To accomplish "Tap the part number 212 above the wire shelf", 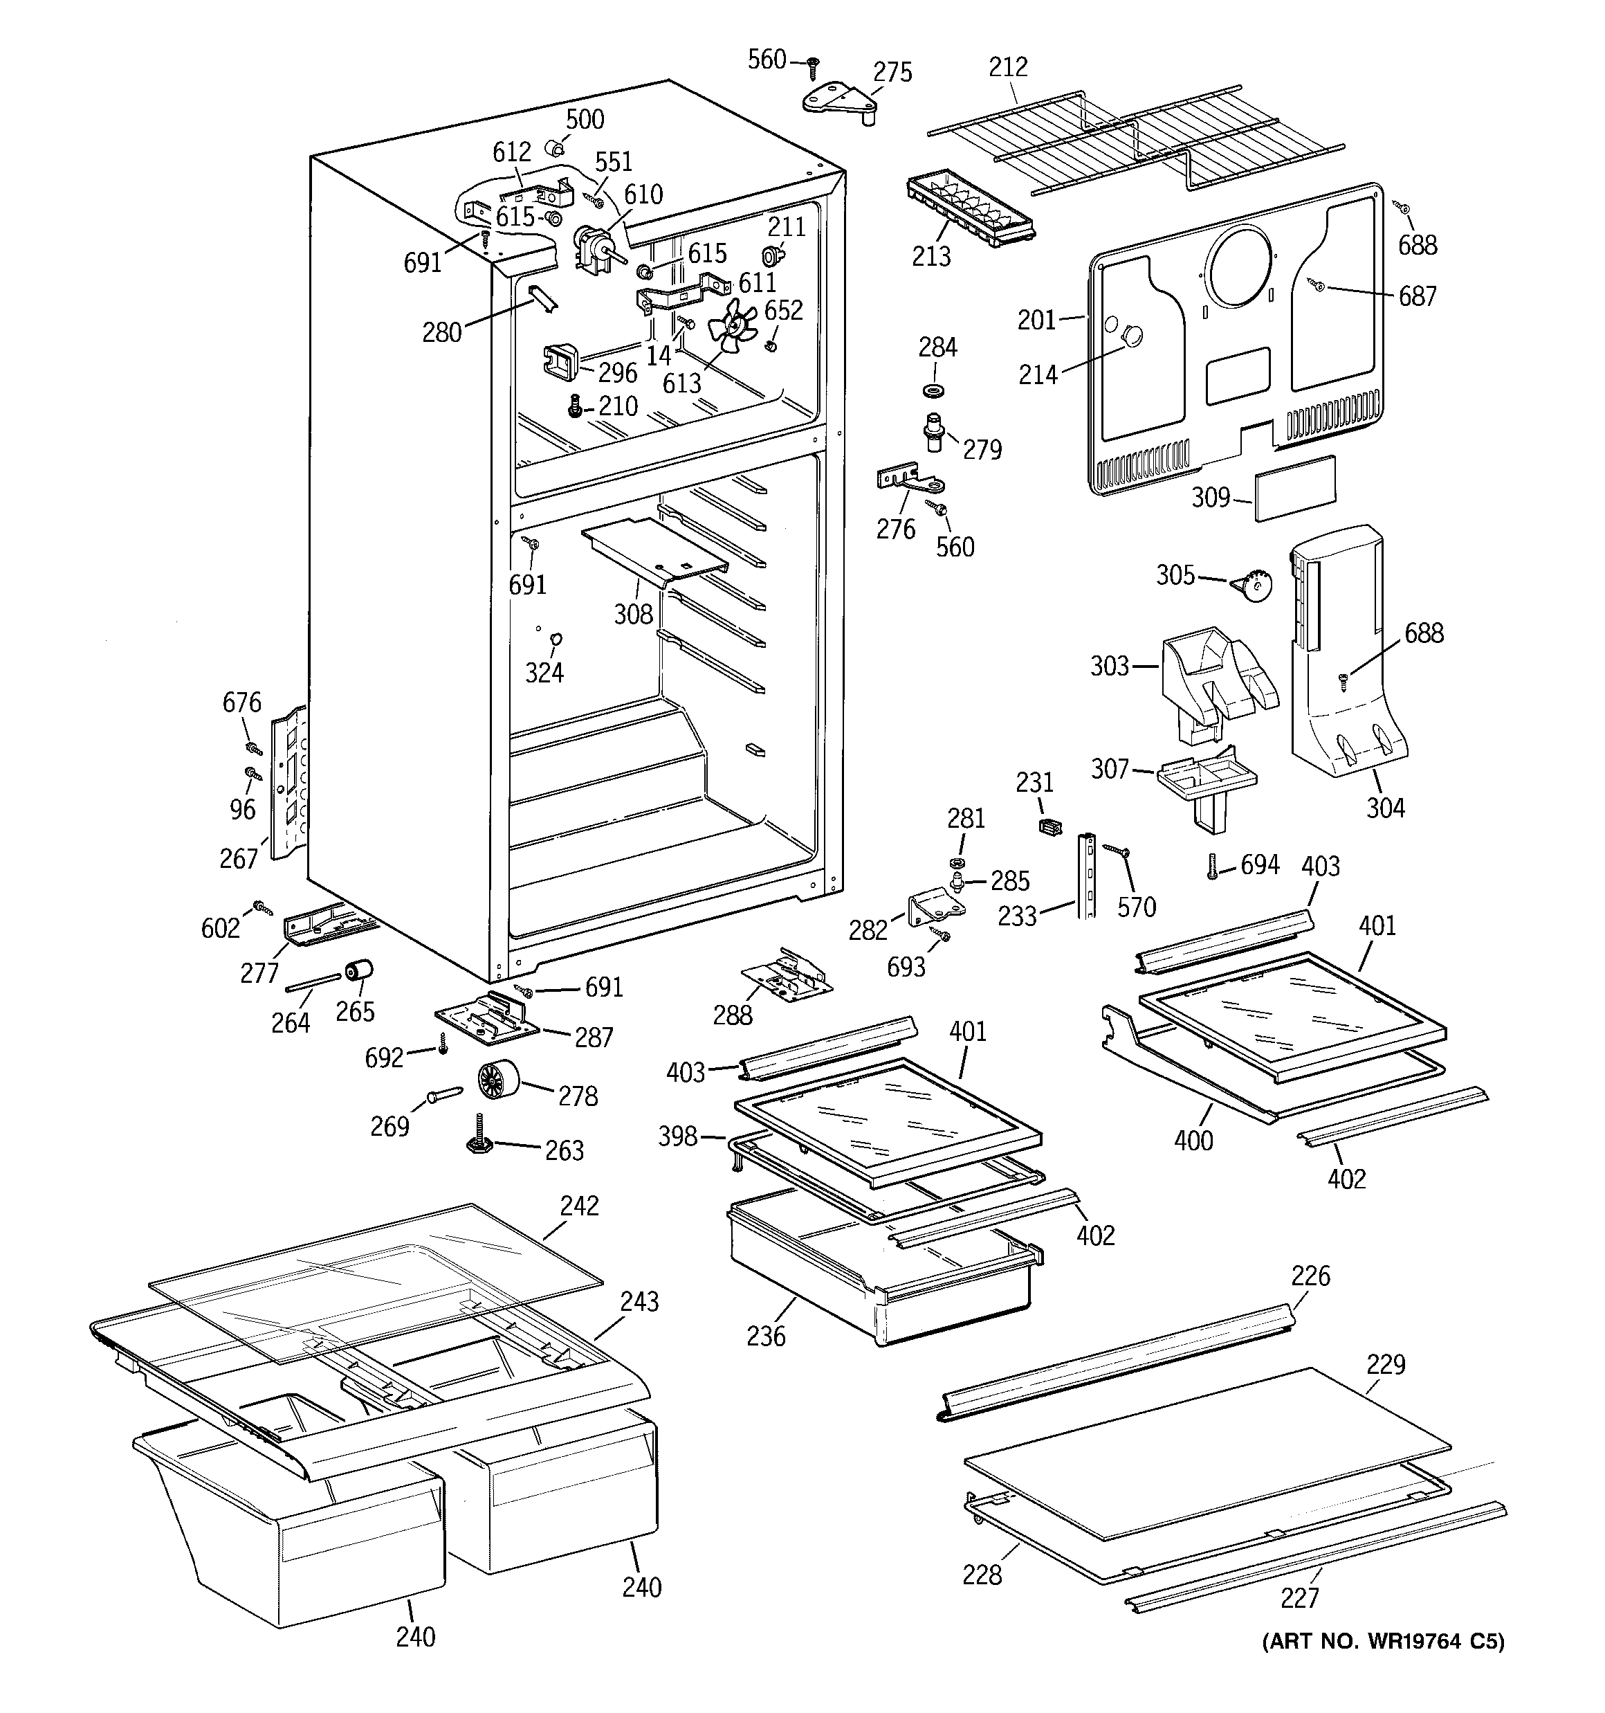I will point(1008,67).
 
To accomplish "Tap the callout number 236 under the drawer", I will point(766,1336).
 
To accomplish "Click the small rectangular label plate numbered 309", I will point(1295,488).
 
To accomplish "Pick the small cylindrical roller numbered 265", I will point(358,970).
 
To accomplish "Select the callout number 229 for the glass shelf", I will point(1385,1364).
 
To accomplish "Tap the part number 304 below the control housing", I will point(1384,808).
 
